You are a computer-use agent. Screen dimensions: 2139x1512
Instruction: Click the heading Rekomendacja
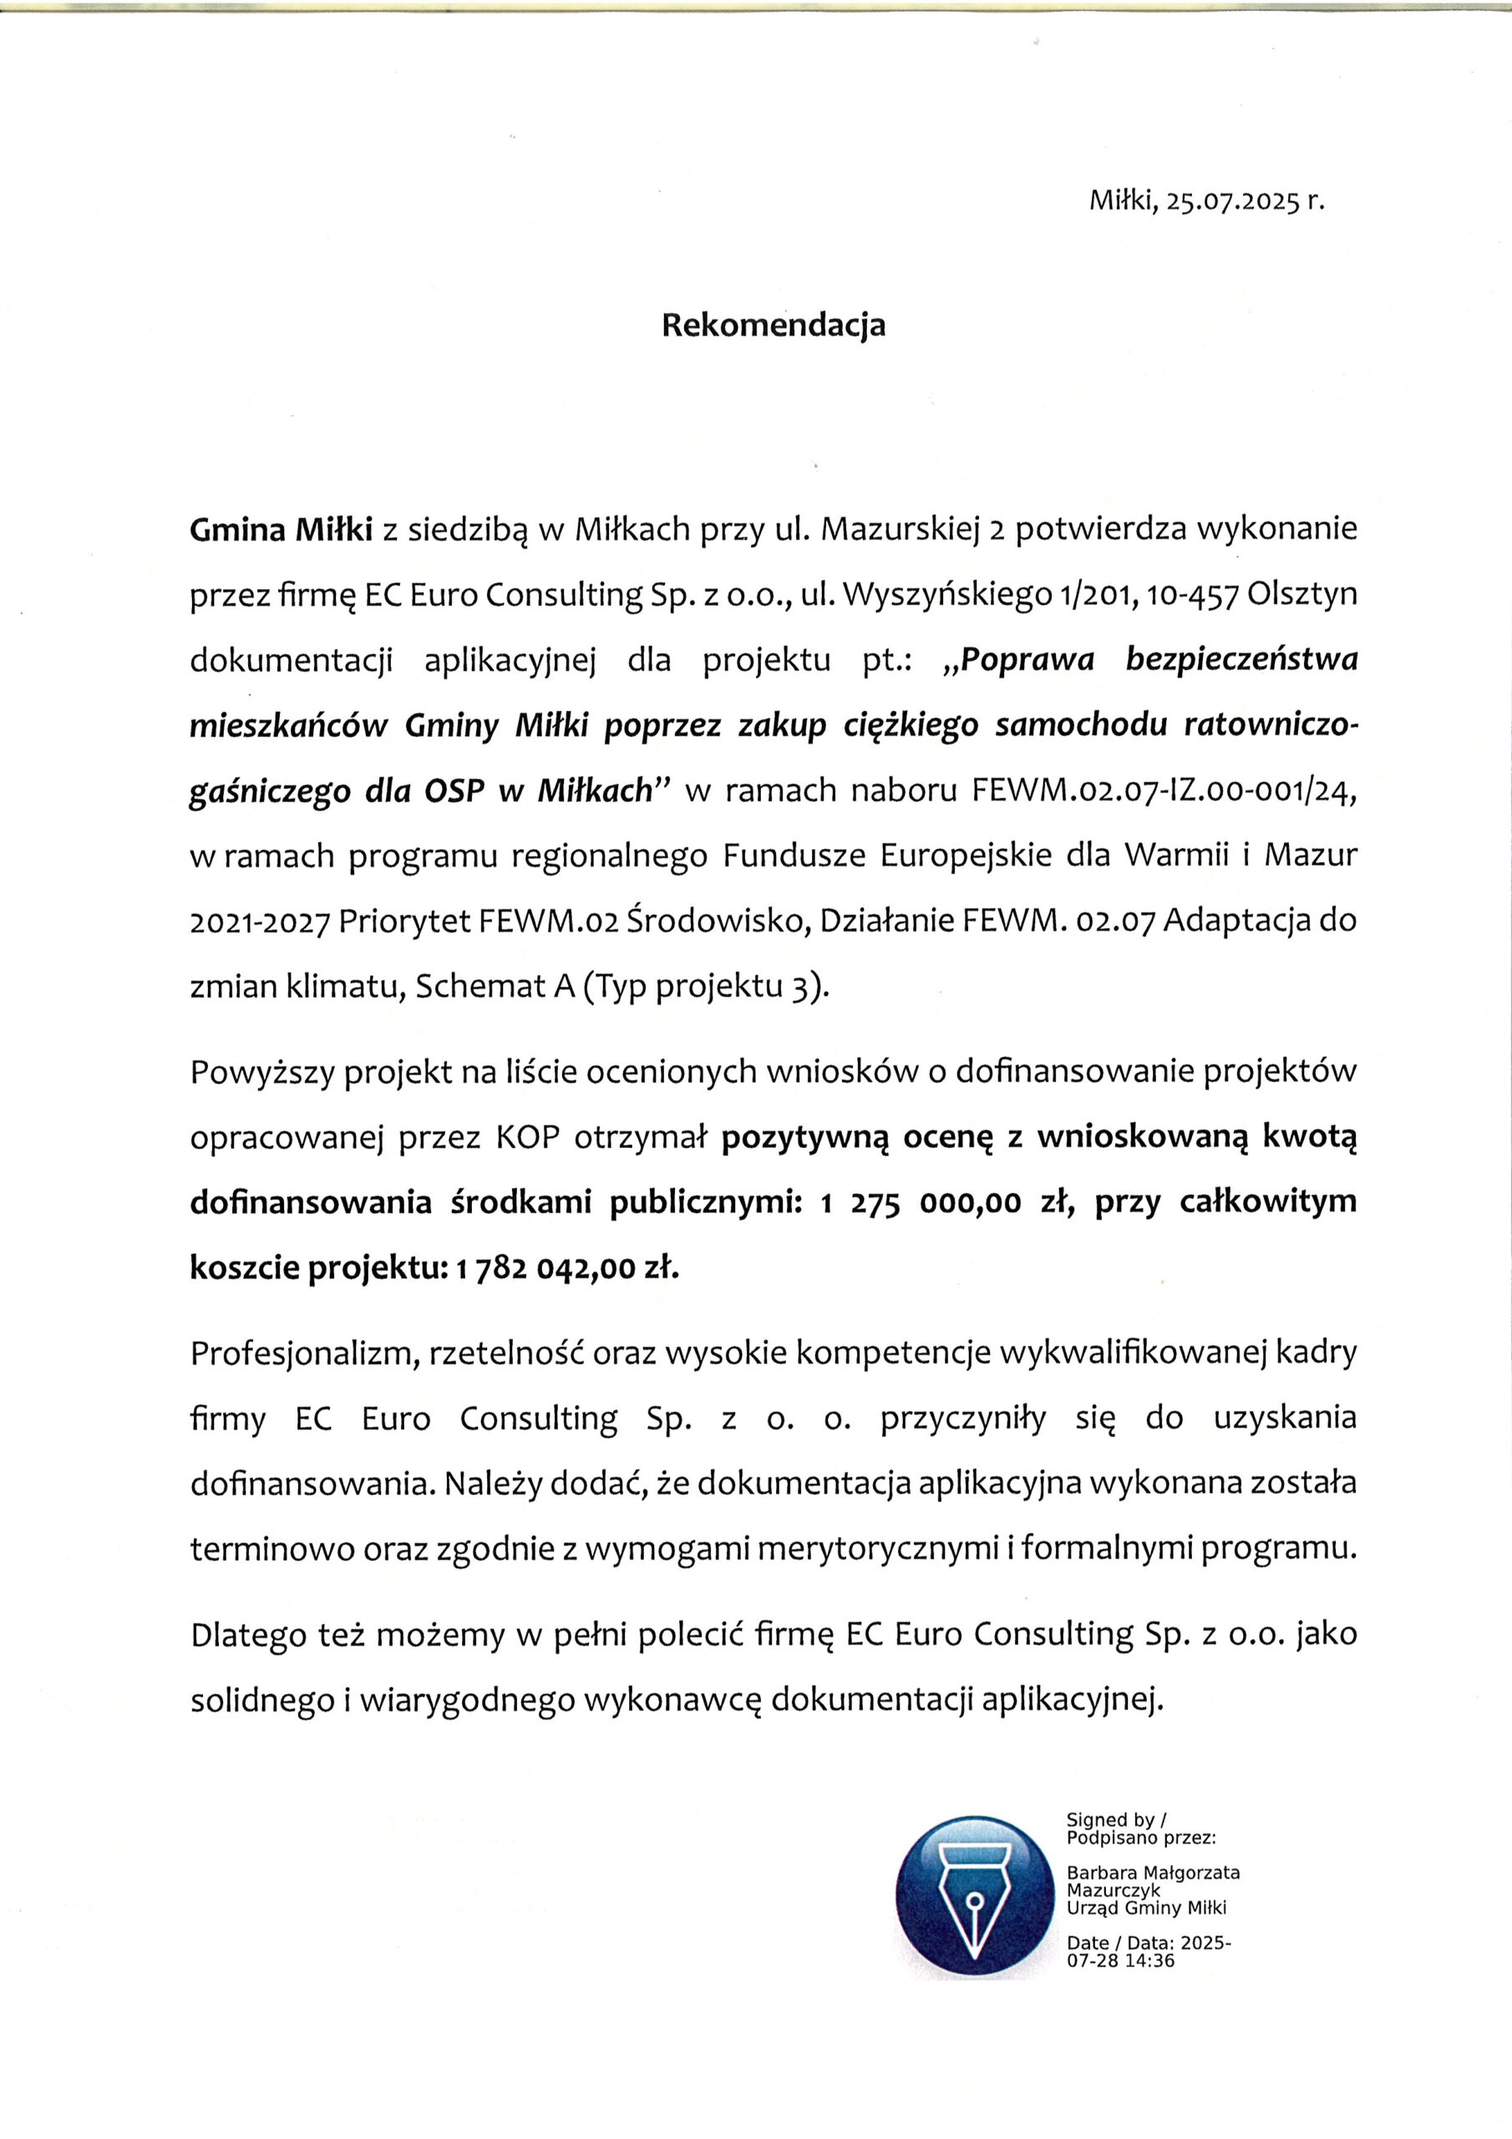pos(773,325)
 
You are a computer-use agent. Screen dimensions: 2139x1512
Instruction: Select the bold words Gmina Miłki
pos(282,530)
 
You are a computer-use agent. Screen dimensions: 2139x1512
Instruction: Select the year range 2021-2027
pos(260,922)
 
